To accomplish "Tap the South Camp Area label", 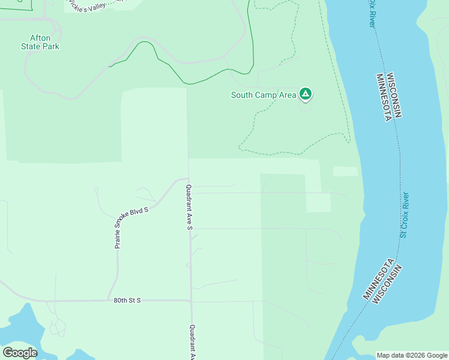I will (264, 95).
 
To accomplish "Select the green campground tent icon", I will (306, 94).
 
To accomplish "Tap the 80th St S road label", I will (127, 300).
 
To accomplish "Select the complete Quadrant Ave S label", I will (188, 208).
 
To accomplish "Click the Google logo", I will (20, 353).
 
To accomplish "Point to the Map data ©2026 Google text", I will (412, 355).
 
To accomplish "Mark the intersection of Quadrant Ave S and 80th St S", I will (191, 301).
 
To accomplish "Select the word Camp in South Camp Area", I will (268, 95).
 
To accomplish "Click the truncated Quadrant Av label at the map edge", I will (192, 342).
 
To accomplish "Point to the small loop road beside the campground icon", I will (306, 106).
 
